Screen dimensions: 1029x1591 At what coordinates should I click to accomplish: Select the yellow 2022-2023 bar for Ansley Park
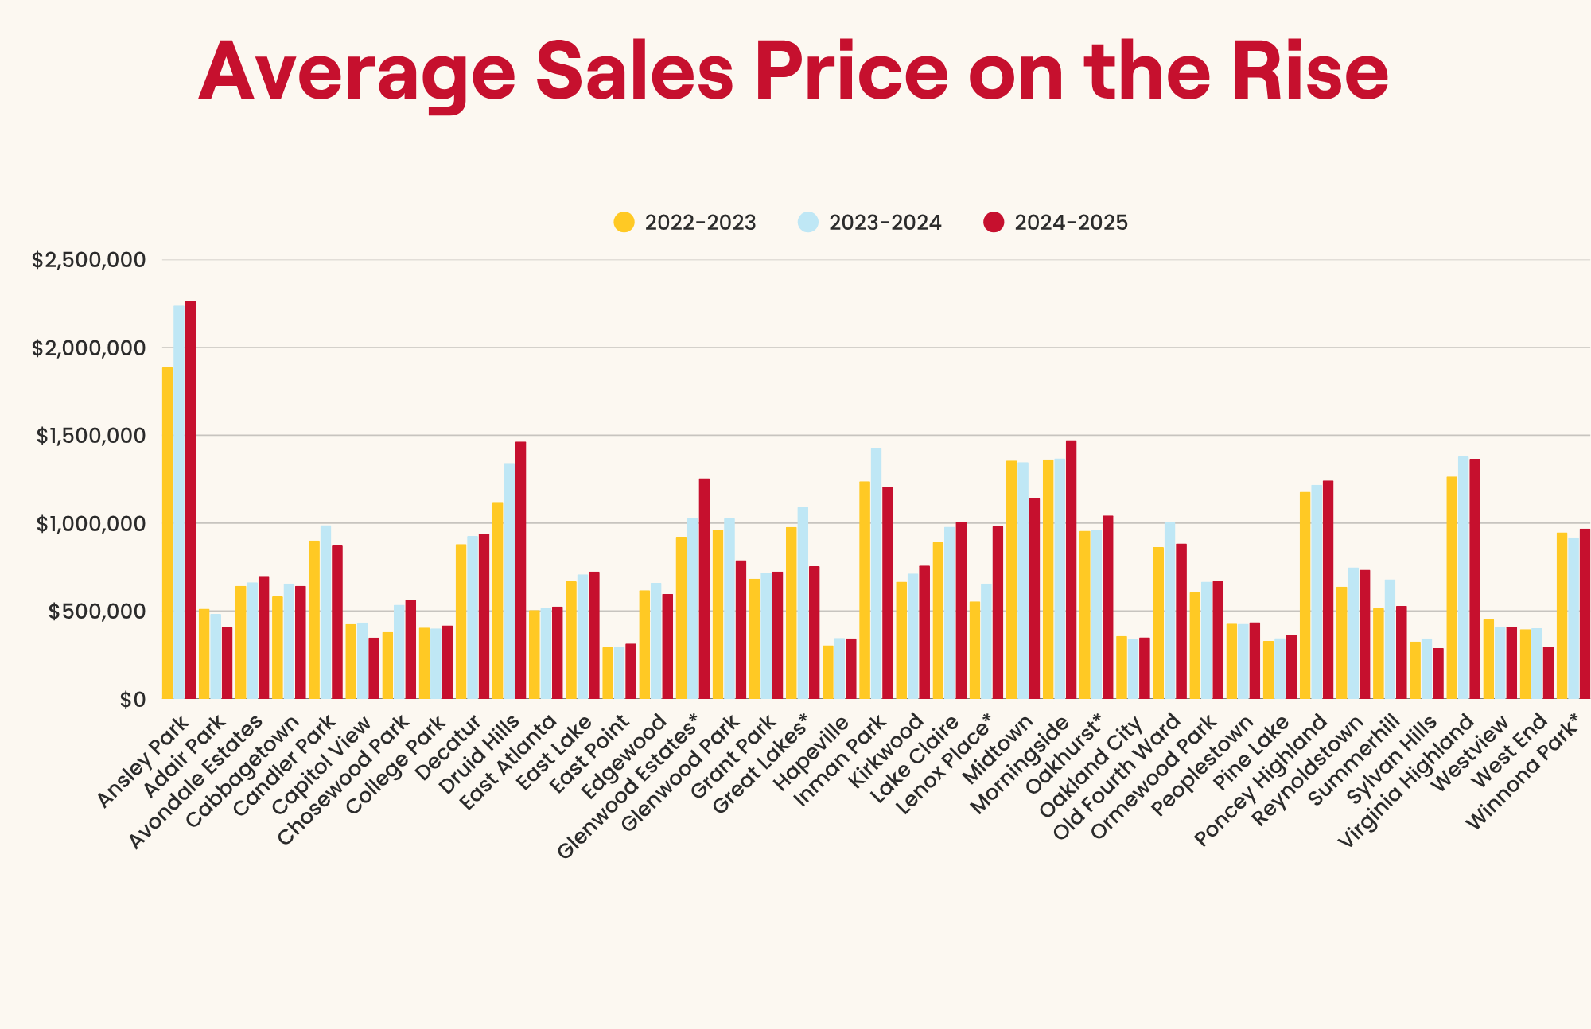pos(167,533)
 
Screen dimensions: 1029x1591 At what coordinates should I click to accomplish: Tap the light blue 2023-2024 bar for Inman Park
pos(876,573)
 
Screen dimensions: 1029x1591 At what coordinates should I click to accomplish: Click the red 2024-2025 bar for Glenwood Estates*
pos(704,588)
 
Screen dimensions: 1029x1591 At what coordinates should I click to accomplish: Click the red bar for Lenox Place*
pos(998,612)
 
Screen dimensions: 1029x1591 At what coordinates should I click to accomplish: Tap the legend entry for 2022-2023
pos(685,223)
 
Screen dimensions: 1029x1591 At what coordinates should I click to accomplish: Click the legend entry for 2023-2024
pos(869,223)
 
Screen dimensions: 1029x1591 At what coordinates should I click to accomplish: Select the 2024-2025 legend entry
pos(1056,223)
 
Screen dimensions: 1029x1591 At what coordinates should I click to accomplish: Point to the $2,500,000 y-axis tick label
pos(88,260)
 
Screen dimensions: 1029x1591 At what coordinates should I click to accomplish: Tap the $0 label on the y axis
pos(133,699)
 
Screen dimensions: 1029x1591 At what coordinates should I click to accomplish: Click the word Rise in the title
pos(1310,73)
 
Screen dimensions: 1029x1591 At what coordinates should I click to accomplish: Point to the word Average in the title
pos(357,73)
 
